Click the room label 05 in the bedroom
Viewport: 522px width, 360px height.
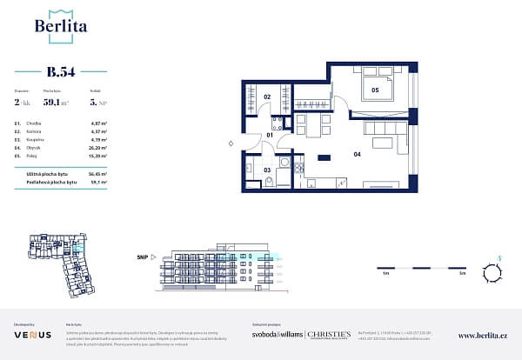375,89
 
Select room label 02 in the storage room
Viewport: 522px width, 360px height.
268,97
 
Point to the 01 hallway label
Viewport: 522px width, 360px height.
270,136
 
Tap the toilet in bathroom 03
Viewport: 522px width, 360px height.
269,182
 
